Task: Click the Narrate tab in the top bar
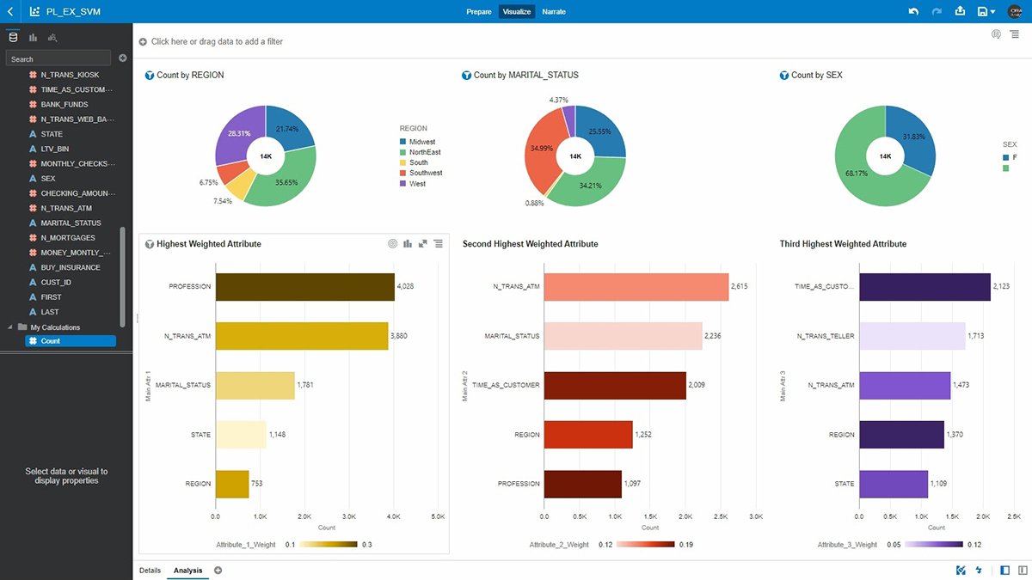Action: pyautogui.click(x=554, y=12)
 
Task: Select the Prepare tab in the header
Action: pyautogui.click(x=479, y=12)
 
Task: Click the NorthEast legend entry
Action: pyautogui.click(x=425, y=152)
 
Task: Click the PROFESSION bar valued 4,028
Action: pyautogui.click(x=304, y=287)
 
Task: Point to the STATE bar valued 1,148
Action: pyautogui.click(x=240, y=435)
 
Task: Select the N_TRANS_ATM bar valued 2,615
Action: pyautogui.click(x=636, y=287)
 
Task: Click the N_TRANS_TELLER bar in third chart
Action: pyautogui.click(x=912, y=336)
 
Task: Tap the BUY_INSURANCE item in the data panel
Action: pyautogui.click(x=71, y=267)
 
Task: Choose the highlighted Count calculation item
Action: pyautogui.click(x=70, y=341)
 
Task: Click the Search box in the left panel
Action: pyautogui.click(x=58, y=58)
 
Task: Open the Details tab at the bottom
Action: pyautogui.click(x=150, y=570)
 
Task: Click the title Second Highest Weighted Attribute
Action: pyautogui.click(x=530, y=244)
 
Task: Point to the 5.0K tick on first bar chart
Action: pyautogui.click(x=438, y=517)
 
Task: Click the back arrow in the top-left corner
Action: pyautogui.click(x=10, y=12)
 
